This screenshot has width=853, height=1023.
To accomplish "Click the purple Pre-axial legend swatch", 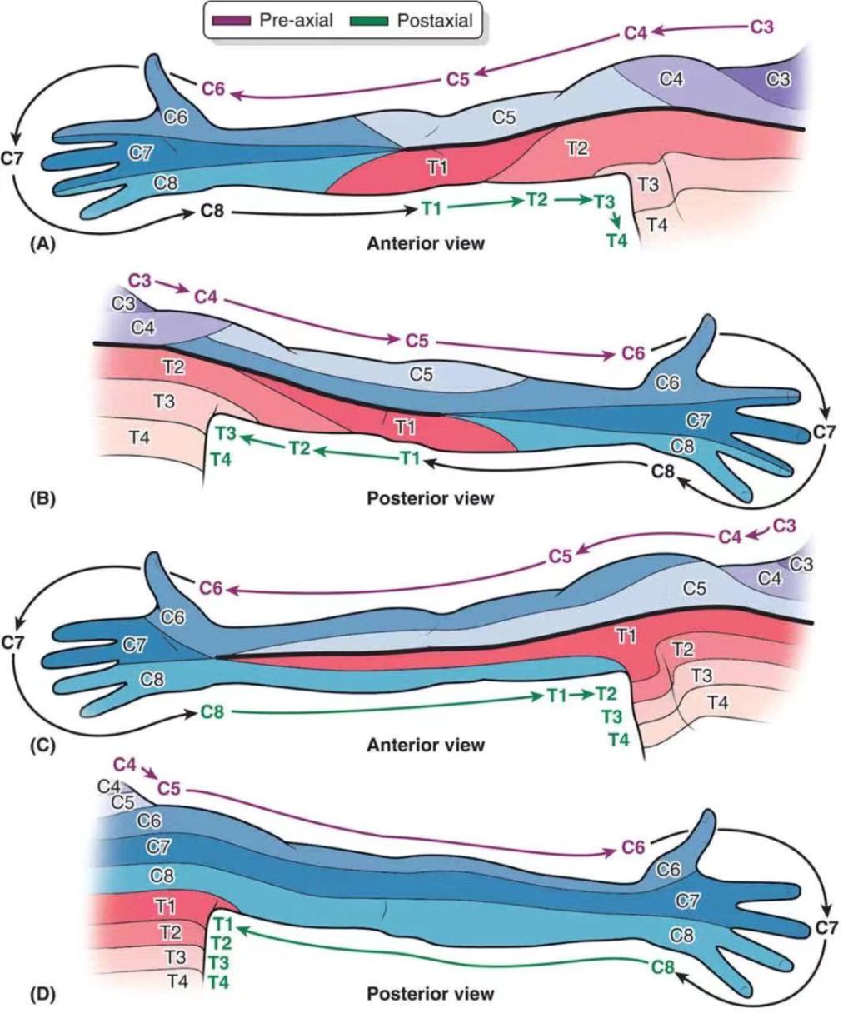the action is click(231, 21).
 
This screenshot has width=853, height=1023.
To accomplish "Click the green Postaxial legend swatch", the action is click(369, 21).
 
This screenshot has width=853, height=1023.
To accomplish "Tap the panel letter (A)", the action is click(43, 243).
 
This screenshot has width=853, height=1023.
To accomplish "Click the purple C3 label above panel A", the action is click(762, 27).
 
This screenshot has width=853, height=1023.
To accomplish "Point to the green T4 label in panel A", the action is click(617, 241).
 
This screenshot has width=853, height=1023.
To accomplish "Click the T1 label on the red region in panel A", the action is click(437, 168).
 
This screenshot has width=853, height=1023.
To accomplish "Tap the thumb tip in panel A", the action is click(154, 57).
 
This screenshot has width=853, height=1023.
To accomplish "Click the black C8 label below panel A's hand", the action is click(212, 211).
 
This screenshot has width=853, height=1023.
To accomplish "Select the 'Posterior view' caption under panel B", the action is click(431, 498).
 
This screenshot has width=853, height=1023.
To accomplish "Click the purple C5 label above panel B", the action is click(417, 341).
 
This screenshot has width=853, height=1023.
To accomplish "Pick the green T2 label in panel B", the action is click(299, 448).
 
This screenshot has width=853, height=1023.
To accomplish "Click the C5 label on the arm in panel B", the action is click(422, 374).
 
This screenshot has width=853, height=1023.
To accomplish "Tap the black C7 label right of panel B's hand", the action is click(825, 432).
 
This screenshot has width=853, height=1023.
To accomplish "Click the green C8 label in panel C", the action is click(212, 711).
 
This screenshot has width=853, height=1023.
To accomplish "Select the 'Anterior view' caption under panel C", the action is click(426, 746).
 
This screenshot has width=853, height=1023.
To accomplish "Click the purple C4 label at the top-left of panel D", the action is click(124, 764).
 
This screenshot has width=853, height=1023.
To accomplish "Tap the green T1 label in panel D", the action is click(223, 925).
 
